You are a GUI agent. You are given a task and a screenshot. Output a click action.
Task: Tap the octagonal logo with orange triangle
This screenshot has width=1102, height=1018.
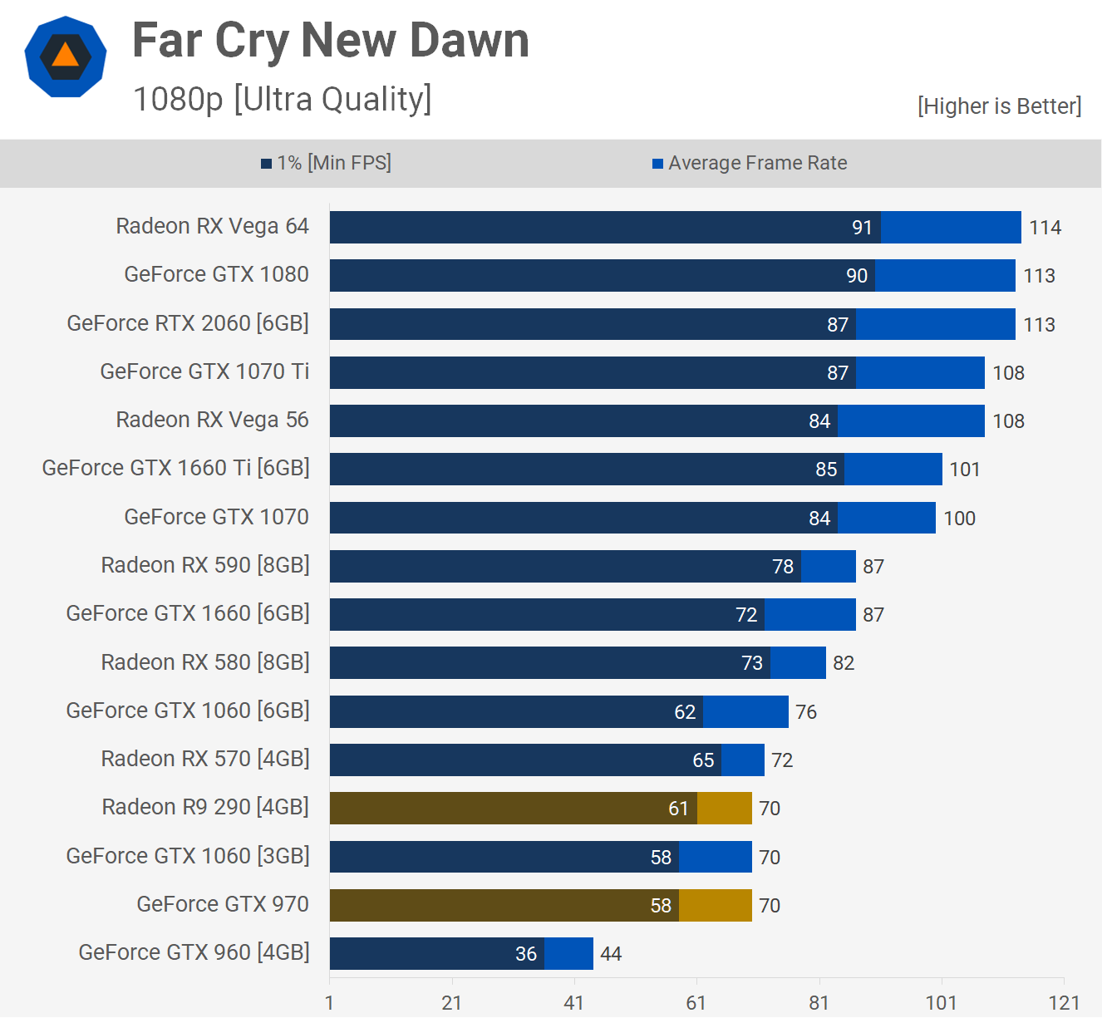point(66,57)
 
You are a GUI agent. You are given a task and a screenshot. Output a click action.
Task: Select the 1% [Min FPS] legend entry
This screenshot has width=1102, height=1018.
point(326,163)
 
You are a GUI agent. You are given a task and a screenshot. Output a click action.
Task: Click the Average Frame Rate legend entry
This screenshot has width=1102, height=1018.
point(750,163)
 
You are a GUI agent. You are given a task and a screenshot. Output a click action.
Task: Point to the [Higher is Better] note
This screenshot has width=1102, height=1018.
point(999,106)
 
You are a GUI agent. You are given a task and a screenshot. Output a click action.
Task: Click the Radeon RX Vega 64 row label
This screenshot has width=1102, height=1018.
point(212,227)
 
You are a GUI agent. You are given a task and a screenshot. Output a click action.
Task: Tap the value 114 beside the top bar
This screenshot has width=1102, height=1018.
point(1045,228)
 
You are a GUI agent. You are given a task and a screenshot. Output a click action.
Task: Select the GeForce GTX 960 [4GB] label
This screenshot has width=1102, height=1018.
point(194,952)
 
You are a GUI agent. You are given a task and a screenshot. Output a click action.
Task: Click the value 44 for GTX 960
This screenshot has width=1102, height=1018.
point(611,954)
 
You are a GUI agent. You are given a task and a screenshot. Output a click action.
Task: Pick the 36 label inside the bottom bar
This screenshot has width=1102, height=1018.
point(526,954)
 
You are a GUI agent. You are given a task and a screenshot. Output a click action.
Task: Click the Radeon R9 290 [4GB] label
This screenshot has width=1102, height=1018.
point(205,807)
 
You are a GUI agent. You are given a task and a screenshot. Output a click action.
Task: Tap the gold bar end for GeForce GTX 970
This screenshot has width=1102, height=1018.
point(716,905)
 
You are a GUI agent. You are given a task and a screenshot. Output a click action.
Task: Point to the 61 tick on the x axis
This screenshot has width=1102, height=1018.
point(696,1003)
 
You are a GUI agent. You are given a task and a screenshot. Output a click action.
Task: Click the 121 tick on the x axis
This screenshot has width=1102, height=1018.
point(1064,1003)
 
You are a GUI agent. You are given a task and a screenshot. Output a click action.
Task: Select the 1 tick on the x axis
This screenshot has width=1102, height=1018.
point(330,1003)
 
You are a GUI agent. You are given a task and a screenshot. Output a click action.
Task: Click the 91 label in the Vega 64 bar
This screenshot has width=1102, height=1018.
point(862,228)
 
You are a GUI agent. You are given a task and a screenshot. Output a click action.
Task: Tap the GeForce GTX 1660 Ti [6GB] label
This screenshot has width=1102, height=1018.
point(175,469)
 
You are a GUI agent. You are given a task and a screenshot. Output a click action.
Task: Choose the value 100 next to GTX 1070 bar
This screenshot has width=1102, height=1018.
point(959,519)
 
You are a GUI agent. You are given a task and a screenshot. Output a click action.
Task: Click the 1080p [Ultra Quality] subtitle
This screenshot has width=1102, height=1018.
point(283,100)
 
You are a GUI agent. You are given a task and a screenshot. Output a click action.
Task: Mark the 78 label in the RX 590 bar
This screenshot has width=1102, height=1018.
point(783,567)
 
